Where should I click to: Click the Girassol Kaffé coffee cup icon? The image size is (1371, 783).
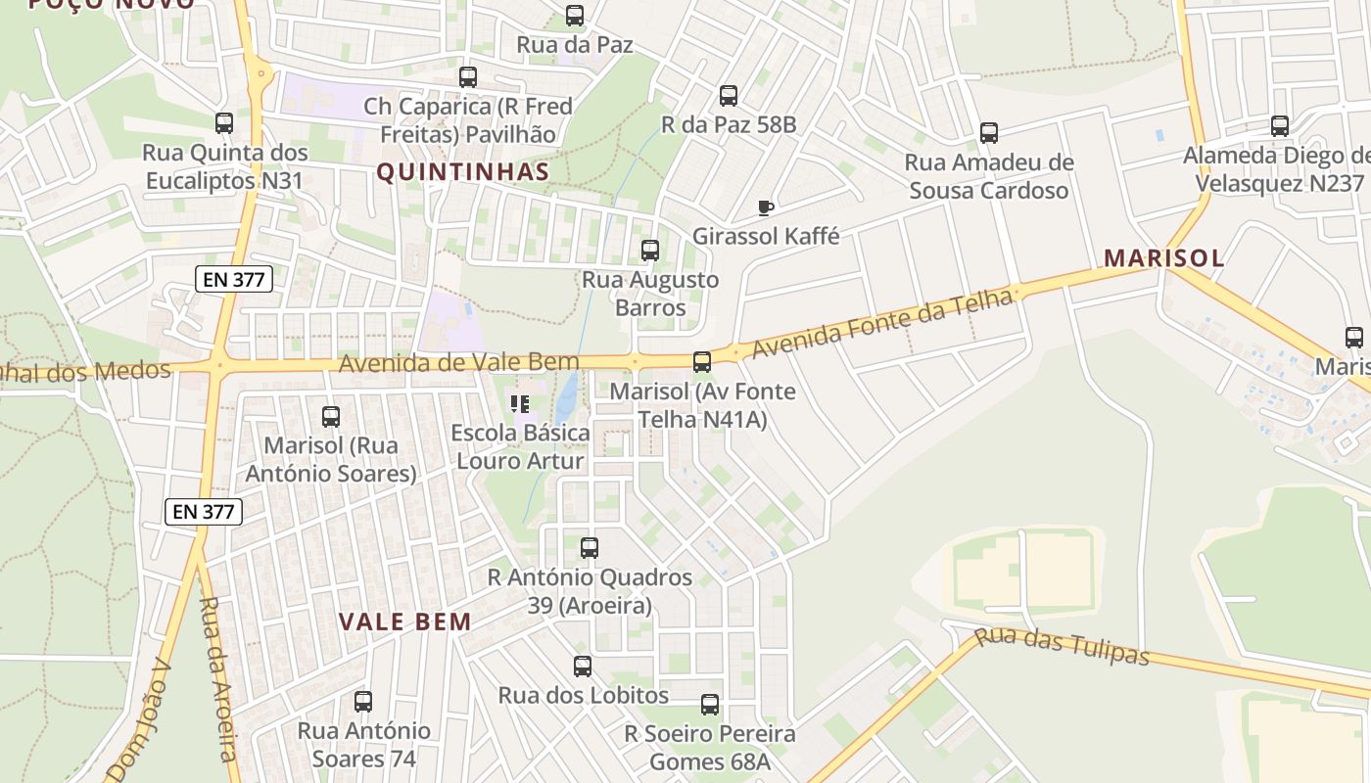766,207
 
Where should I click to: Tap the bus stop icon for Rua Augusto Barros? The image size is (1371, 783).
650,251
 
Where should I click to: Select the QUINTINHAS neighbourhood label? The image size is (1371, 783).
463,172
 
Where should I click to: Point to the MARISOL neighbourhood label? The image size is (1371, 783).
1163,257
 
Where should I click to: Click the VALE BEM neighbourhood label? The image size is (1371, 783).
405,622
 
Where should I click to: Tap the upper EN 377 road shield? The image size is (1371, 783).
233,279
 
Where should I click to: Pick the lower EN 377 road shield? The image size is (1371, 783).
204,511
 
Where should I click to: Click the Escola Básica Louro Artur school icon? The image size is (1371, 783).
520,403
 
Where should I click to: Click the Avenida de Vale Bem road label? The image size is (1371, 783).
459,363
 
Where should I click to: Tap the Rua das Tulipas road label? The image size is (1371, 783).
1063,646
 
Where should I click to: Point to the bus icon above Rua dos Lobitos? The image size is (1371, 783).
583,667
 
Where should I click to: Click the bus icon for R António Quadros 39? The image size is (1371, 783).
590,548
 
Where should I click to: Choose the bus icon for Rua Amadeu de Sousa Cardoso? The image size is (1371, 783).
989,133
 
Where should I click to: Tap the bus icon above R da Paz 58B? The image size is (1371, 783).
729,96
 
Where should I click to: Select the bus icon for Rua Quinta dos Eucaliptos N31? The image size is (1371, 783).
224,123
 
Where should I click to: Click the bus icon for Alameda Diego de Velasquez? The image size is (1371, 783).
1280,126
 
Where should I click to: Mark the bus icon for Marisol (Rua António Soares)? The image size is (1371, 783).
331,417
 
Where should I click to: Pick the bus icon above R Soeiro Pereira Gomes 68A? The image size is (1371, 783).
710,705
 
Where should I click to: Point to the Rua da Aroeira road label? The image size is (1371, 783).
217,678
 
